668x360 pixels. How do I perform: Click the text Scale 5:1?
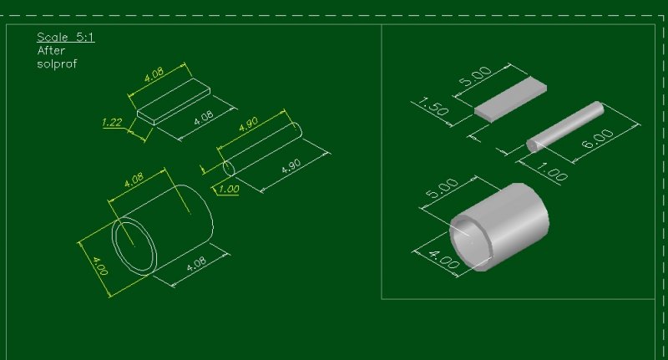[58, 38]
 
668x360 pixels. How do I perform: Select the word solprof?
[57, 63]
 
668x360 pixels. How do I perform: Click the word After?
[51, 51]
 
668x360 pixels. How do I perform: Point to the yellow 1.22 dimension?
[112, 123]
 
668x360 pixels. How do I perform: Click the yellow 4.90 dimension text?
[248, 125]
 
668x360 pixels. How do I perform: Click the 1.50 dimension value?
[431, 108]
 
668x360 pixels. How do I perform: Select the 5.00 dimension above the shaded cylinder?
[443, 190]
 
